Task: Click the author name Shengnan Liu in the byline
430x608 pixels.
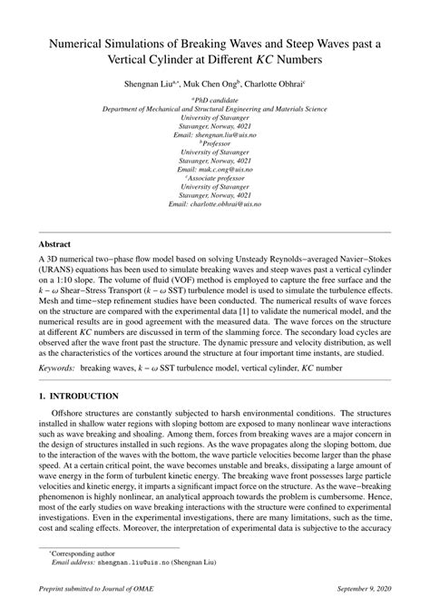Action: (159, 82)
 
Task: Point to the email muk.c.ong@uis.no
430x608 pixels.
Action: (214, 170)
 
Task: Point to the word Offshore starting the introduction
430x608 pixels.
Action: (74, 415)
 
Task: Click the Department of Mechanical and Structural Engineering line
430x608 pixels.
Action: (214, 108)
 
